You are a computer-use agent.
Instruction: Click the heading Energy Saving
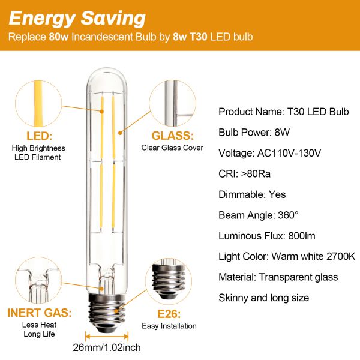[x=77, y=19]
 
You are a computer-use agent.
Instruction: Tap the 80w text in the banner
[x=59, y=37]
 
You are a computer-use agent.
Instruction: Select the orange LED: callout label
[x=39, y=136]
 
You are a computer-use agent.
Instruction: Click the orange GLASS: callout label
[x=173, y=136]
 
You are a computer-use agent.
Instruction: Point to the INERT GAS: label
[x=40, y=313]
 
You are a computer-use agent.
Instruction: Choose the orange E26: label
[x=169, y=314]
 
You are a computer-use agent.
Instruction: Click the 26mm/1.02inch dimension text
[x=107, y=347]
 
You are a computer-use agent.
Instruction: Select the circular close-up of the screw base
[x=169, y=281]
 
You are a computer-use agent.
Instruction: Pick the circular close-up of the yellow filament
[x=38, y=104]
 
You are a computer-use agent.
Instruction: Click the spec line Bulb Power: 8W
[x=254, y=133]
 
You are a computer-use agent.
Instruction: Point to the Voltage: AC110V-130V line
[x=269, y=153]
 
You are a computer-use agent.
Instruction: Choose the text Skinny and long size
[x=264, y=298]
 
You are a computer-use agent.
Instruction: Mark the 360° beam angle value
[x=288, y=215]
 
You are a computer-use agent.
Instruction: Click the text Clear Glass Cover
[x=172, y=148]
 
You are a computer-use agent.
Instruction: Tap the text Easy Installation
[x=169, y=326]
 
